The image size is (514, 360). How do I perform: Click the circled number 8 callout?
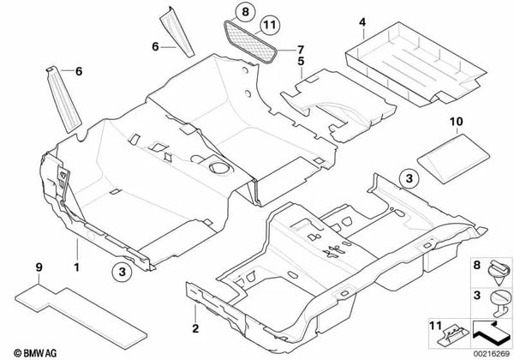click(x=245, y=12)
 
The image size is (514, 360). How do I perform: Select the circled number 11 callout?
click(x=270, y=25)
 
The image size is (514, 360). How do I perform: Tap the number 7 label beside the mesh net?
click(x=301, y=51)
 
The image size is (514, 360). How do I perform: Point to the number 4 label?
click(x=362, y=22)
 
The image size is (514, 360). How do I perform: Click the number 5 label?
click(x=301, y=62)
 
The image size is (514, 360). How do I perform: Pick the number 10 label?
click(x=457, y=122)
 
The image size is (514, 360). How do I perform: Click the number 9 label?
click(x=39, y=267)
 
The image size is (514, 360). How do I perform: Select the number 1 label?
click(x=77, y=267)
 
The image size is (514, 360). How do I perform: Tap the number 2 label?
click(x=195, y=328)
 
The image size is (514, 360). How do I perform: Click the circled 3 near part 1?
click(x=122, y=272)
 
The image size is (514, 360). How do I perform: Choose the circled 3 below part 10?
click(x=409, y=178)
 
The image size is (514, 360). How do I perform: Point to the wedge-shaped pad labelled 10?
click(x=454, y=158)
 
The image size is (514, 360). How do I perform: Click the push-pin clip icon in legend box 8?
click(x=499, y=273)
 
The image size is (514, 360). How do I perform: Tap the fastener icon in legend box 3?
click(x=500, y=303)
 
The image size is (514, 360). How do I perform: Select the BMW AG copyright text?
click(x=35, y=353)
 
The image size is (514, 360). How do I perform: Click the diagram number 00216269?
click(x=491, y=354)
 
